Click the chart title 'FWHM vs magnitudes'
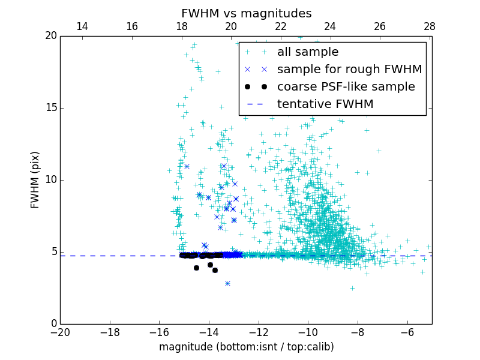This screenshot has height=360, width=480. (x=246, y=13)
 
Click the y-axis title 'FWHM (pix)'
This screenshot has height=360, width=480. (x=35, y=179)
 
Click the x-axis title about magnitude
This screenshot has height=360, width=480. (x=246, y=347)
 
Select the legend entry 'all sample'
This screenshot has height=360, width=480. (x=308, y=52)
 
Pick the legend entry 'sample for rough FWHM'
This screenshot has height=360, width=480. (x=349, y=70)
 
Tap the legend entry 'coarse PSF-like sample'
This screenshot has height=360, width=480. (x=346, y=87)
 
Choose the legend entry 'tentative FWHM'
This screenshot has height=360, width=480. (x=325, y=104)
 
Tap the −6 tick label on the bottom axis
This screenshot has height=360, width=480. (x=407, y=332)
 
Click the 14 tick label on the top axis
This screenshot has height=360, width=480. (x=82, y=26)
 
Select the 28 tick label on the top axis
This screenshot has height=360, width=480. (x=429, y=26)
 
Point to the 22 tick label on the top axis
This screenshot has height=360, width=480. (x=281, y=26)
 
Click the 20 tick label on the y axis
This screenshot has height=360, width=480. (x=50, y=36)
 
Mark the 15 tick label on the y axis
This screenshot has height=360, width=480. (x=50, y=108)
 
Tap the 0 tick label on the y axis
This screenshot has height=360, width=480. (x=53, y=324)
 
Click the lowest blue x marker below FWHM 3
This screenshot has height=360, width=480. (x=227, y=283)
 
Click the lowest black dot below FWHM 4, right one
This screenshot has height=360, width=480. (x=215, y=270)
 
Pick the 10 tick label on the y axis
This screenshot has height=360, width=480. (x=50, y=180)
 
